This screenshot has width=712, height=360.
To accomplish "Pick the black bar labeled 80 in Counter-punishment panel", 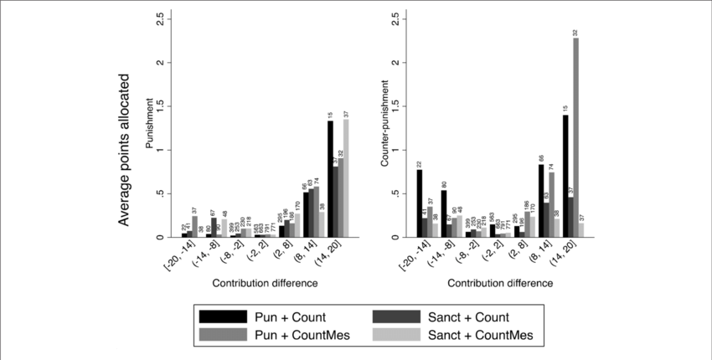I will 444,213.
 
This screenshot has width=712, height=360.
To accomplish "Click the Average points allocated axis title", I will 124,149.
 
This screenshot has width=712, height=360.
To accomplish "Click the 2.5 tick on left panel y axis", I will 159,18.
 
